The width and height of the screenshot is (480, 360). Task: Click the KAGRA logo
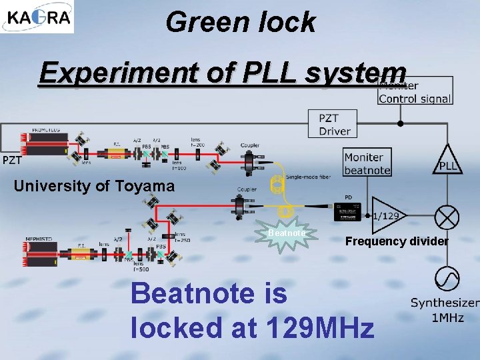click(x=37, y=17)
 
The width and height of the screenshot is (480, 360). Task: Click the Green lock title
click(x=240, y=21)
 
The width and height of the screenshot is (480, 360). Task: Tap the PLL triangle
click(x=448, y=161)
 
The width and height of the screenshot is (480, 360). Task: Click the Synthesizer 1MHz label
click(x=445, y=310)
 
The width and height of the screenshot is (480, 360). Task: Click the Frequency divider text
click(x=397, y=241)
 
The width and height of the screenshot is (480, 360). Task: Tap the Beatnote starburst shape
click(x=287, y=235)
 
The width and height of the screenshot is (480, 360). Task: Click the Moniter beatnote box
click(x=367, y=163)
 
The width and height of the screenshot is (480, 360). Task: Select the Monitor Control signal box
click(x=415, y=92)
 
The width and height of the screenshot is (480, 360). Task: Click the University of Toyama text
click(x=94, y=186)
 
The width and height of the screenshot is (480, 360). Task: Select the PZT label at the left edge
click(x=11, y=160)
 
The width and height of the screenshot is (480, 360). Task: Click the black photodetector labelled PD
click(x=347, y=209)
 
